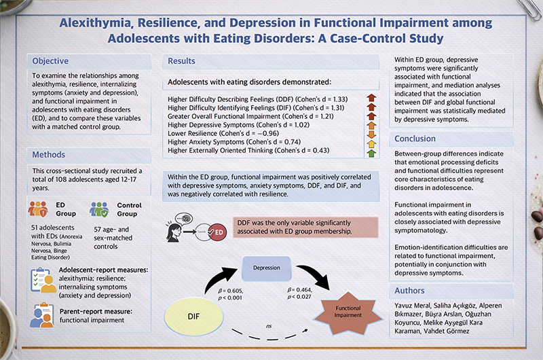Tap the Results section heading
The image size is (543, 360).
point(181,62)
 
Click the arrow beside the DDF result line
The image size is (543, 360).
point(371,99)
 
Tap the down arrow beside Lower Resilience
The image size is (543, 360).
point(371,135)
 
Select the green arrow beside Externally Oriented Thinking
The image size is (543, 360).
point(371,153)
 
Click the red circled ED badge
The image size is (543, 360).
point(217,233)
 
